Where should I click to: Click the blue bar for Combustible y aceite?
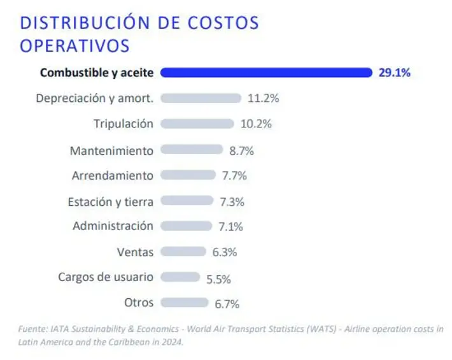pyautogui.click(x=266, y=73)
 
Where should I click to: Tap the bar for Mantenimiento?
pyautogui.click(x=192, y=150)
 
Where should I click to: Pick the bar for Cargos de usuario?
pyautogui.click(x=180, y=277)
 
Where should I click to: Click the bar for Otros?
pyautogui.click(x=185, y=303)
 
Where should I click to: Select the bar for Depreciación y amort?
pyautogui.click(x=201, y=98)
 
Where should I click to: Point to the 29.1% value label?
pyautogui.click(x=394, y=73)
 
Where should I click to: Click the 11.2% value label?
pyautogui.click(x=263, y=99)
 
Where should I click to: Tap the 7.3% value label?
pyautogui.click(x=232, y=201)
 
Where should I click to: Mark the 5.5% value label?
pyautogui.click(x=218, y=278)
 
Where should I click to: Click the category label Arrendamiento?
pyautogui.click(x=113, y=175)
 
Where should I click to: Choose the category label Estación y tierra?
pyautogui.click(x=110, y=202)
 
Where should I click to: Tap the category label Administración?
pyautogui.click(x=113, y=226)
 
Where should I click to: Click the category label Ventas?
pyautogui.click(x=135, y=252)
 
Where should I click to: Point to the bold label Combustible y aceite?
pyautogui.click(x=96, y=73)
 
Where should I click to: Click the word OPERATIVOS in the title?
pyautogui.click(x=74, y=46)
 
